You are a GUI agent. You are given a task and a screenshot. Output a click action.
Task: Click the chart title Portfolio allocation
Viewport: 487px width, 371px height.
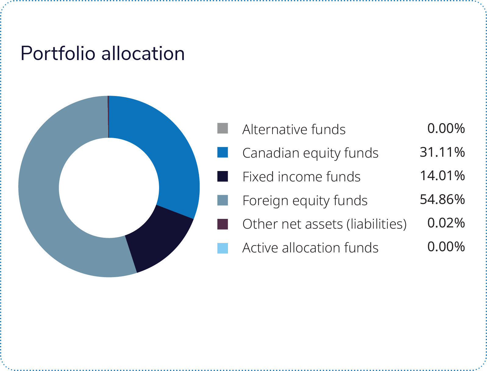tap(102, 53)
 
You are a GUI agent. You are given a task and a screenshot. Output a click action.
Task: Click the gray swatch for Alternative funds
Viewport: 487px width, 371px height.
tap(222, 128)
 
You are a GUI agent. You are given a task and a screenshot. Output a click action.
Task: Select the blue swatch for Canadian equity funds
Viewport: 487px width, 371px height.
tap(222, 152)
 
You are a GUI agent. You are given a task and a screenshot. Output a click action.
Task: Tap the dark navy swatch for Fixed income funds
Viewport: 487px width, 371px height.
tap(222, 176)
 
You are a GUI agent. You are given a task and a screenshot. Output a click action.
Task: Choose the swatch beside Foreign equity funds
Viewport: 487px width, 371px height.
tap(222, 200)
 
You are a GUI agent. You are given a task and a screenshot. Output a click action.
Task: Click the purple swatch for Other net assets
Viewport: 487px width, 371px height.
tap(222, 224)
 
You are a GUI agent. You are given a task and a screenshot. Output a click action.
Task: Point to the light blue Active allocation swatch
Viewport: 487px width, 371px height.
tap(222, 248)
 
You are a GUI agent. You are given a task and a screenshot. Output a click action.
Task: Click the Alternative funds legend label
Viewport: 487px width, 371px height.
tap(294, 129)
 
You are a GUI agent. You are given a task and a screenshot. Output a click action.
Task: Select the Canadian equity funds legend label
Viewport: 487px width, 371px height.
tap(310, 153)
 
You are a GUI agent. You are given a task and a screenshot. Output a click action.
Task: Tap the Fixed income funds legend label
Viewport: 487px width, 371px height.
tap(301, 177)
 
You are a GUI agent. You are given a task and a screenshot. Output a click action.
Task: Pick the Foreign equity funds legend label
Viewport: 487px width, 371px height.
tap(305, 201)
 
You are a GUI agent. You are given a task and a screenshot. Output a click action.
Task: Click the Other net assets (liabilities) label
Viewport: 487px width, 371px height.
tap(325, 224)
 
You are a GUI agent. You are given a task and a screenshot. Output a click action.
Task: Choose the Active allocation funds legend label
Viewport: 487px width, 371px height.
tap(310, 248)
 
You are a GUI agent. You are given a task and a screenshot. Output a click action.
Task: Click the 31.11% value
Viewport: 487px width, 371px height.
tap(442, 152)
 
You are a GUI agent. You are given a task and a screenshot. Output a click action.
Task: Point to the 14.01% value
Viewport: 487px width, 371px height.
tap(442, 176)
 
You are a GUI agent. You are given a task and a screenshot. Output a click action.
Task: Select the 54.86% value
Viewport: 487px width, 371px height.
tap(442, 199)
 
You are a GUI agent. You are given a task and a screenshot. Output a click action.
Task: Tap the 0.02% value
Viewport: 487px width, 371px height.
tap(446, 223)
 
